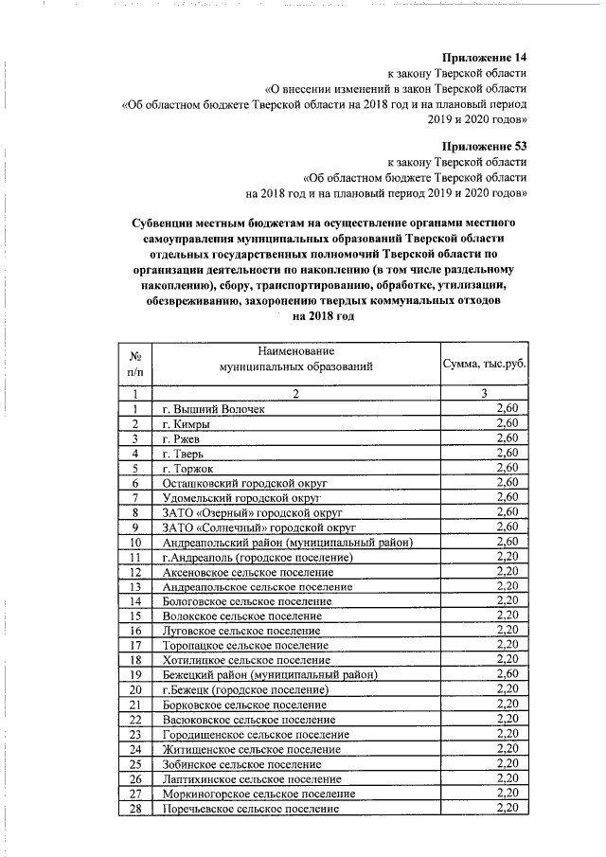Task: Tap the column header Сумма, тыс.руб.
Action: (x=484, y=364)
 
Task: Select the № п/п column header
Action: (x=135, y=364)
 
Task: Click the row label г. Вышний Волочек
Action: (x=213, y=409)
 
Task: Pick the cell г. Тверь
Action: (x=182, y=454)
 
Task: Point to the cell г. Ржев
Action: (x=181, y=438)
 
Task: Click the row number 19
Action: (x=135, y=674)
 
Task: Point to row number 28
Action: (x=135, y=808)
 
